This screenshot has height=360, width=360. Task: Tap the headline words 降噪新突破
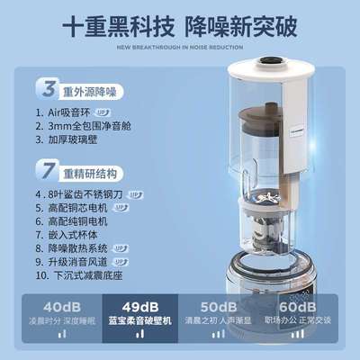click(x=239, y=26)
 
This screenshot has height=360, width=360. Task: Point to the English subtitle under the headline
click(x=180, y=49)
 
